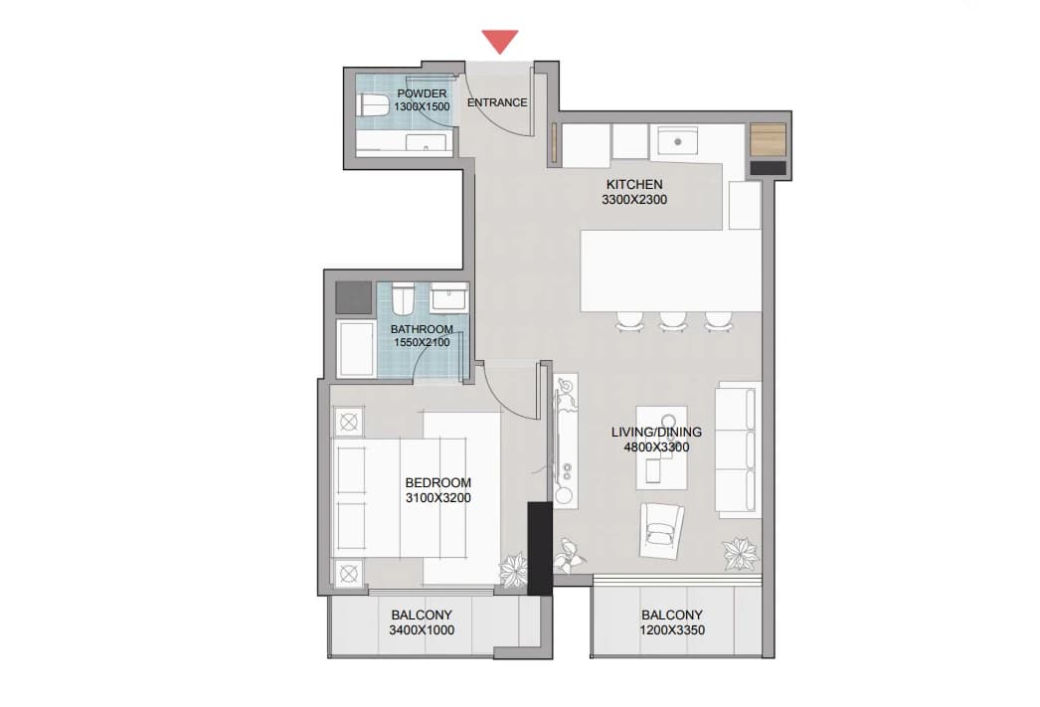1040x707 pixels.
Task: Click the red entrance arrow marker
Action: (x=500, y=41)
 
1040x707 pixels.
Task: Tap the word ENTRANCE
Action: (x=497, y=102)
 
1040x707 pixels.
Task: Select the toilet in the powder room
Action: (x=373, y=106)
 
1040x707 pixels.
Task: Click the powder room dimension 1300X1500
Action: (x=422, y=106)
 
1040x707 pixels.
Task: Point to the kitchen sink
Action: (x=677, y=141)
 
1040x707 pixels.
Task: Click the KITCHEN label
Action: (x=634, y=184)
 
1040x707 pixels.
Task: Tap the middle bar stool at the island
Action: (x=672, y=321)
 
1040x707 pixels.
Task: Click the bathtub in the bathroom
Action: (x=356, y=348)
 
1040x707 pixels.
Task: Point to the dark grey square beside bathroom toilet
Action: (x=354, y=297)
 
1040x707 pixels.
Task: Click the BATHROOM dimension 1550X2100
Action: (x=422, y=343)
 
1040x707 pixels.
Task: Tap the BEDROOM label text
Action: (x=438, y=483)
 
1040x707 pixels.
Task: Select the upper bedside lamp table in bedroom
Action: (x=349, y=422)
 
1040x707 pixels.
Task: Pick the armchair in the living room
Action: (x=661, y=530)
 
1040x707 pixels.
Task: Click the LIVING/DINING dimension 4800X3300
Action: (x=656, y=447)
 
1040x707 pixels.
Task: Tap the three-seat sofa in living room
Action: (x=737, y=450)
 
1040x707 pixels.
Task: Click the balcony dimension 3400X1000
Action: (x=422, y=630)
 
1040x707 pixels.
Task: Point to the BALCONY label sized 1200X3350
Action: (x=672, y=615)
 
